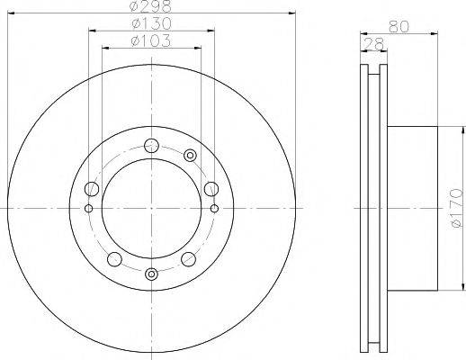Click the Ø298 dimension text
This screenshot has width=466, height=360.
tap(151, 8)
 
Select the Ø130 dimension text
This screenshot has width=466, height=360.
tap(151, 24)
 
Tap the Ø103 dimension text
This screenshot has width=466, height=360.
tap(151, 40)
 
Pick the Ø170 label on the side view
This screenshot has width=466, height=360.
tap(455, 207)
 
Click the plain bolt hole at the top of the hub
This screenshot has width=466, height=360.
tap(151, 143)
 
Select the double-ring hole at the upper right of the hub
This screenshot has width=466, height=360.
tap(190, 156)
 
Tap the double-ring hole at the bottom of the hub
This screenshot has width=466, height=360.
tap(151, 274)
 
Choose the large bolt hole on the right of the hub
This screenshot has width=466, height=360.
tap(211, 188)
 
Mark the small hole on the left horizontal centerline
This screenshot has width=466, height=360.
tap(87, 208)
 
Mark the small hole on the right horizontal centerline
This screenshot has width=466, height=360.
tap(215, 208)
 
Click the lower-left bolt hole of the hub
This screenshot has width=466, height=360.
tap(113, 259)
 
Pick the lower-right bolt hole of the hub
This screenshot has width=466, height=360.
tap(188, 259)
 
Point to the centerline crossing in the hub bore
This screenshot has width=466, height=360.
tap(151, 208)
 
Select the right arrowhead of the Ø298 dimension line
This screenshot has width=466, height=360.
tap(292, 14)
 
